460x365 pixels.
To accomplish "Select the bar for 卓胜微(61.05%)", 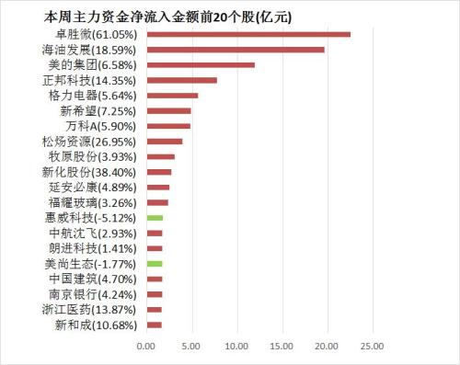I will coord(248,34).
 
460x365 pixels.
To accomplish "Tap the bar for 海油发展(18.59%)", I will coord(236,50).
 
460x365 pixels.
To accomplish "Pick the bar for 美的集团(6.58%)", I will coord(201,64).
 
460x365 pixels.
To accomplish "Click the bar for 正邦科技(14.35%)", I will coord(181,80).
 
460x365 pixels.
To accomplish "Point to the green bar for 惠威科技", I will coord(155,218).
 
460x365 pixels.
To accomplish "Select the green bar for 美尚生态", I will coord(155,263).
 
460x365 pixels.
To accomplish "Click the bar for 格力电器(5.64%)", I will coord(172,95).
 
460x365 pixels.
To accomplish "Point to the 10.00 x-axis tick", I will coord(236,347).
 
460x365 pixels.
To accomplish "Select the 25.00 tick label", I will coord(371,347).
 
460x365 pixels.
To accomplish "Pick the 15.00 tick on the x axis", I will coord(281,347).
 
